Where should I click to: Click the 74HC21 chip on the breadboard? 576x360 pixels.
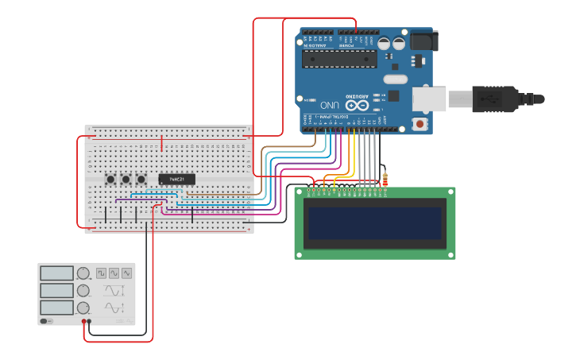coord(176,180)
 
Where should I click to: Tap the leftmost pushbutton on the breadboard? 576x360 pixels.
coord(110,180)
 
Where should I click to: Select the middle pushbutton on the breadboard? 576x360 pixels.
coord(126,180)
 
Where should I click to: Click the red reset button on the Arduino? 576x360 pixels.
coord(419,124)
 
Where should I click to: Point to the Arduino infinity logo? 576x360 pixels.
coord(357,105)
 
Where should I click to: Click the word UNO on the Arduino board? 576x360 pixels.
coord(330,105)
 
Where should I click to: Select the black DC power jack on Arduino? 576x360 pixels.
coord(422,41)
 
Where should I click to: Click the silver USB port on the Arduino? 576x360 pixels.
coord(429,98)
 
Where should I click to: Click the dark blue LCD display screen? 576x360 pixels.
coord(375,223)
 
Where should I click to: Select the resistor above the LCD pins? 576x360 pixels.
coord(385,180)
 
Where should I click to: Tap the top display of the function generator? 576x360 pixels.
coord(56,273)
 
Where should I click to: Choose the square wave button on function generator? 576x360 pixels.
coord(101,273)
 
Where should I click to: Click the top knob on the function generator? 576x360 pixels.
coord(83,273)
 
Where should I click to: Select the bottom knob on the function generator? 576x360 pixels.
coord(83,308)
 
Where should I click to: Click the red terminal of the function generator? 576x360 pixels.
coord(83,322)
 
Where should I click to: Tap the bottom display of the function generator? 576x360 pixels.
coord(56,308)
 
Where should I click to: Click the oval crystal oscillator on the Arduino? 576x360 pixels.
coord(395,79)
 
